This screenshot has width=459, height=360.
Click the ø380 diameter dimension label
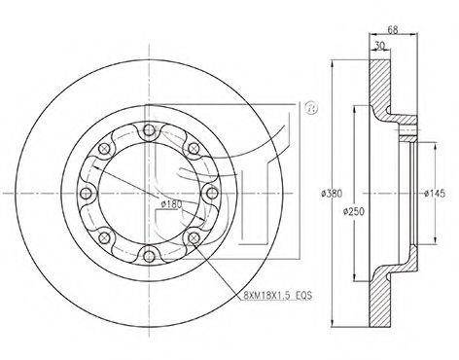pos(332,194)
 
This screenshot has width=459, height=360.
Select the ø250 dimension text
pos(354,212)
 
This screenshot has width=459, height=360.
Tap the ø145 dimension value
pos(435,194)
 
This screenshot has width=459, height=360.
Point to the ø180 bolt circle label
pos(171,204)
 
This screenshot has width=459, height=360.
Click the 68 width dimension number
pos(393,30)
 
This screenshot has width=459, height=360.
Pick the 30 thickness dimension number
pos(379,46)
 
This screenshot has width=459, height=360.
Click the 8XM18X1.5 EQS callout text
pos(277,296)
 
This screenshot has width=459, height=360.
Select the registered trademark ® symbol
pos(311,108)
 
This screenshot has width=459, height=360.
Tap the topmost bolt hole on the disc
pos(149,130)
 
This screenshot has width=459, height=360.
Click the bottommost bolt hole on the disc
pos(149,256)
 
